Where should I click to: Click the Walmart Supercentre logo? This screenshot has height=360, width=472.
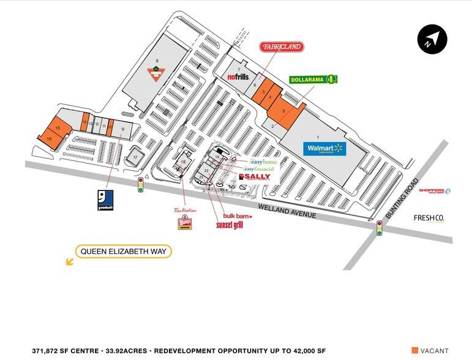pyautogui.click(x=325, y=149)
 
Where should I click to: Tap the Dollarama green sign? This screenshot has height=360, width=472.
pyautogui.click(x=313, y=79)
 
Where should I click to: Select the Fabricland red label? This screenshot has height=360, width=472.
pyautogui.click(x=282, y=47)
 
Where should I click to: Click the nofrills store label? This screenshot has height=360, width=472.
pyautogui.click(x=239, y=77)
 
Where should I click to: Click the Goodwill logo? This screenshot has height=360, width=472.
pyautogui.click(x=105, y=200)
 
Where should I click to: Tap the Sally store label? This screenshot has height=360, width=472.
pyautogui.click(x=254, y=176)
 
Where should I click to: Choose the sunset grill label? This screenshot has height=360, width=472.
pyautogui.click(x=230, y=225)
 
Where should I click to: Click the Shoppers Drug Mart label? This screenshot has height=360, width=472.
pyautogui.click(x=435, y=191)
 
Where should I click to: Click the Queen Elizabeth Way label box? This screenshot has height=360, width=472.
pyautogui.click(x=124, y=251)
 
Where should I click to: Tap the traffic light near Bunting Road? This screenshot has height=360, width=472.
pyautogui.click(x=380, y=228)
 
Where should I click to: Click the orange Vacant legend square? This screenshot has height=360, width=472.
pyautogui.click(x=416, y=351)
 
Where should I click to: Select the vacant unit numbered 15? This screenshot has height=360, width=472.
pyautogui.click(x=57, y=128)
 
